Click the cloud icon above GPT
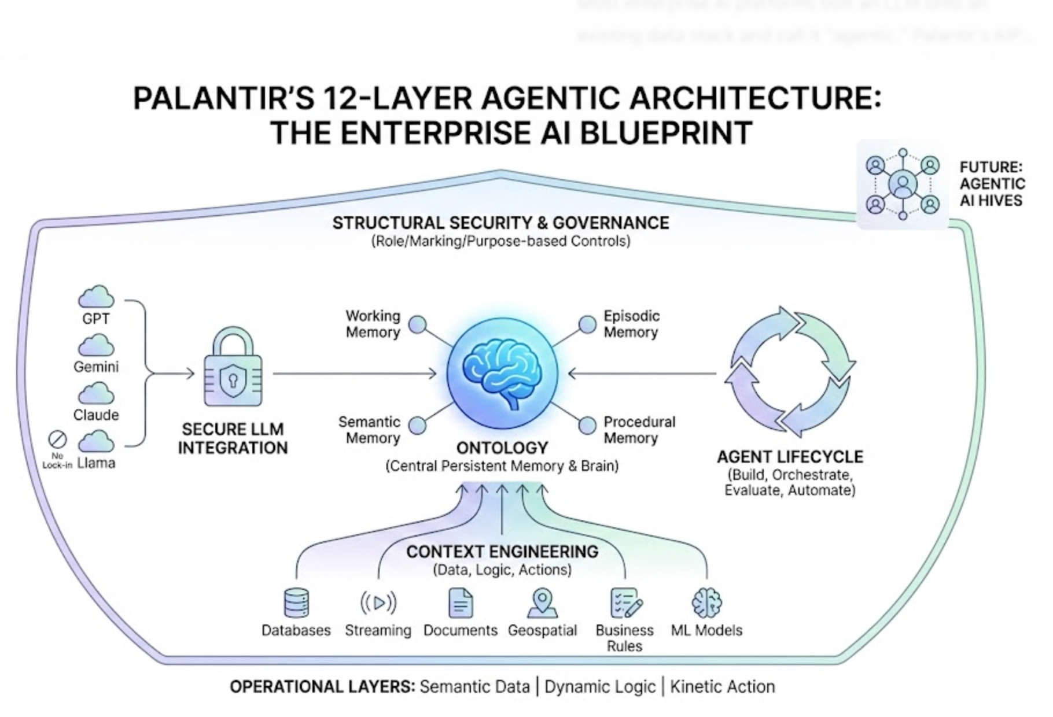96,297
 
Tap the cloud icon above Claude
96,394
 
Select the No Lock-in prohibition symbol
57,439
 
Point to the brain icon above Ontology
502,374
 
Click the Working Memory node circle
417,324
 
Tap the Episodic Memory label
631,324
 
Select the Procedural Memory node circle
587,425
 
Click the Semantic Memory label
370,430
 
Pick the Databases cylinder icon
296,603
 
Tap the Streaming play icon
378,603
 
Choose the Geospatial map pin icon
542,603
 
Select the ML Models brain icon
706,603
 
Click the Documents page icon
461,603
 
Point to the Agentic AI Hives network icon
902,184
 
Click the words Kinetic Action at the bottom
722,686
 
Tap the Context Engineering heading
502,552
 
